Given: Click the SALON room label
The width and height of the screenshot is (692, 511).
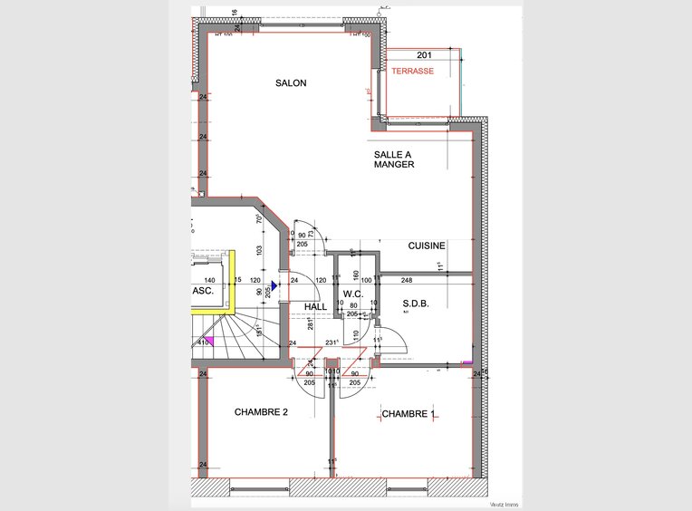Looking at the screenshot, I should point(291,83).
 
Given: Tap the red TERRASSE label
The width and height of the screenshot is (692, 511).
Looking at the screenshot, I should point(412,71).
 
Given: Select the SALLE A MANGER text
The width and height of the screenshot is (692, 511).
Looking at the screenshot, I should point(394,159).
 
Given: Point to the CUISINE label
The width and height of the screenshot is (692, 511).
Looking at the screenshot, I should point(426,246).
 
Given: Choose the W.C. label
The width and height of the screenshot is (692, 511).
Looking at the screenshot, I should point(353,294).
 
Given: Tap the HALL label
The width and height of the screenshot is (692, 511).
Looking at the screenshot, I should point(316,307).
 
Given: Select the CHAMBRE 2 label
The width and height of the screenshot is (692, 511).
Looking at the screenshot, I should point(261,412).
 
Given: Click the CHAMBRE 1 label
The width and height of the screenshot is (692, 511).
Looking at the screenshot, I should point(408,414).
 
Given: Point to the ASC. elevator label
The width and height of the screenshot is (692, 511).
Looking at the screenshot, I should point(203,292).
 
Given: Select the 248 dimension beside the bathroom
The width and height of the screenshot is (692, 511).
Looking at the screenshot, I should point(407,280).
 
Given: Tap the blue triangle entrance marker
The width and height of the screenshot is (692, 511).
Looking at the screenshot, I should point(274,284).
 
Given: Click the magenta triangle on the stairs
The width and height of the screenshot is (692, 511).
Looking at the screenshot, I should point(207,342).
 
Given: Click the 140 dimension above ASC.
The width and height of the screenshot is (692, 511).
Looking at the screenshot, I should point(209,281).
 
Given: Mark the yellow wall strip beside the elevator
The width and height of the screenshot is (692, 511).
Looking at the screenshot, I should point(233,281).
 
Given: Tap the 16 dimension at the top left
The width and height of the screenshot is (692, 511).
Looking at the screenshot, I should point(234,13).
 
